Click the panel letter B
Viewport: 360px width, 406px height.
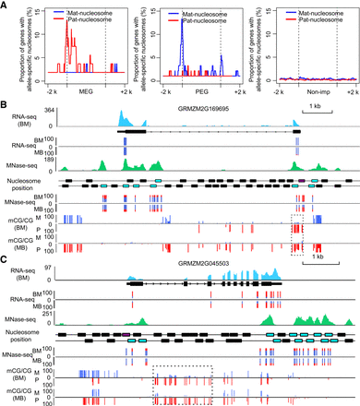tap(5, 104)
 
